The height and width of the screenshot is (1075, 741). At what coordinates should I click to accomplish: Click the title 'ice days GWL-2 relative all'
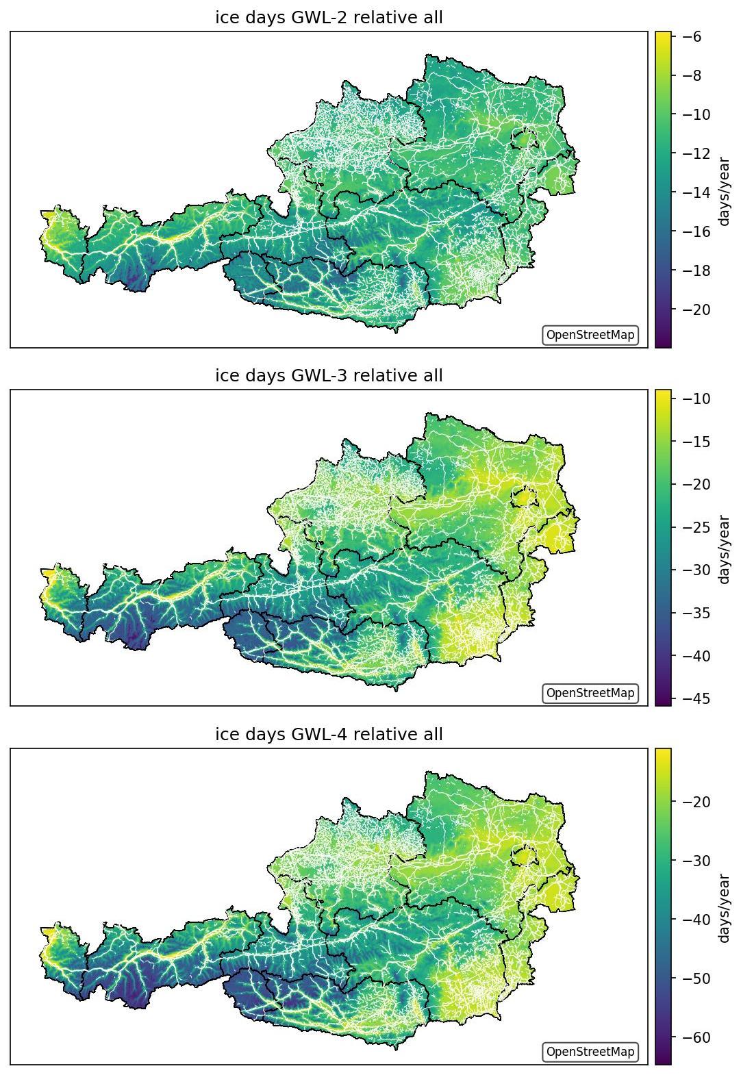coord(329,18)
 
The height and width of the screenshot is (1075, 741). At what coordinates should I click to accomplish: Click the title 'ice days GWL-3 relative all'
coord(329,375)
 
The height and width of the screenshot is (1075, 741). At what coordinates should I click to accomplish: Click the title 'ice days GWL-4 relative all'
coord(329,734)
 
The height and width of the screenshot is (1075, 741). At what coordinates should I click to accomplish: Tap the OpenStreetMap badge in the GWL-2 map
coord(590,335)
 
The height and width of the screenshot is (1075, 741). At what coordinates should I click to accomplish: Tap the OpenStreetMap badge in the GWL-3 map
coord(590,693)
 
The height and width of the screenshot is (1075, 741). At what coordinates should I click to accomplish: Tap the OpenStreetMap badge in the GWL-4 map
coord(590,1052)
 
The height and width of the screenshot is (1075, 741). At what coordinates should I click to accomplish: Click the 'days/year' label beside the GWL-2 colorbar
coord(724,192)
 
